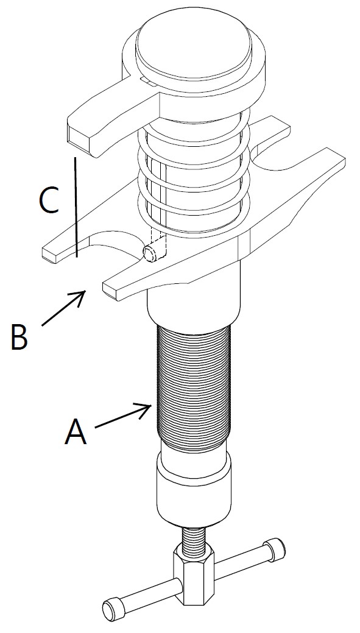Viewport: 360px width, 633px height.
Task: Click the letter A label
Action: pyautogui.click(x=76, y=431)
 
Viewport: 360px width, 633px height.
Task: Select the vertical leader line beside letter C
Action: pyautogui.click(x=76, y=207)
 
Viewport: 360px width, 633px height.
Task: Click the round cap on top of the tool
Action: pyautogui.click(x=193, y=49)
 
